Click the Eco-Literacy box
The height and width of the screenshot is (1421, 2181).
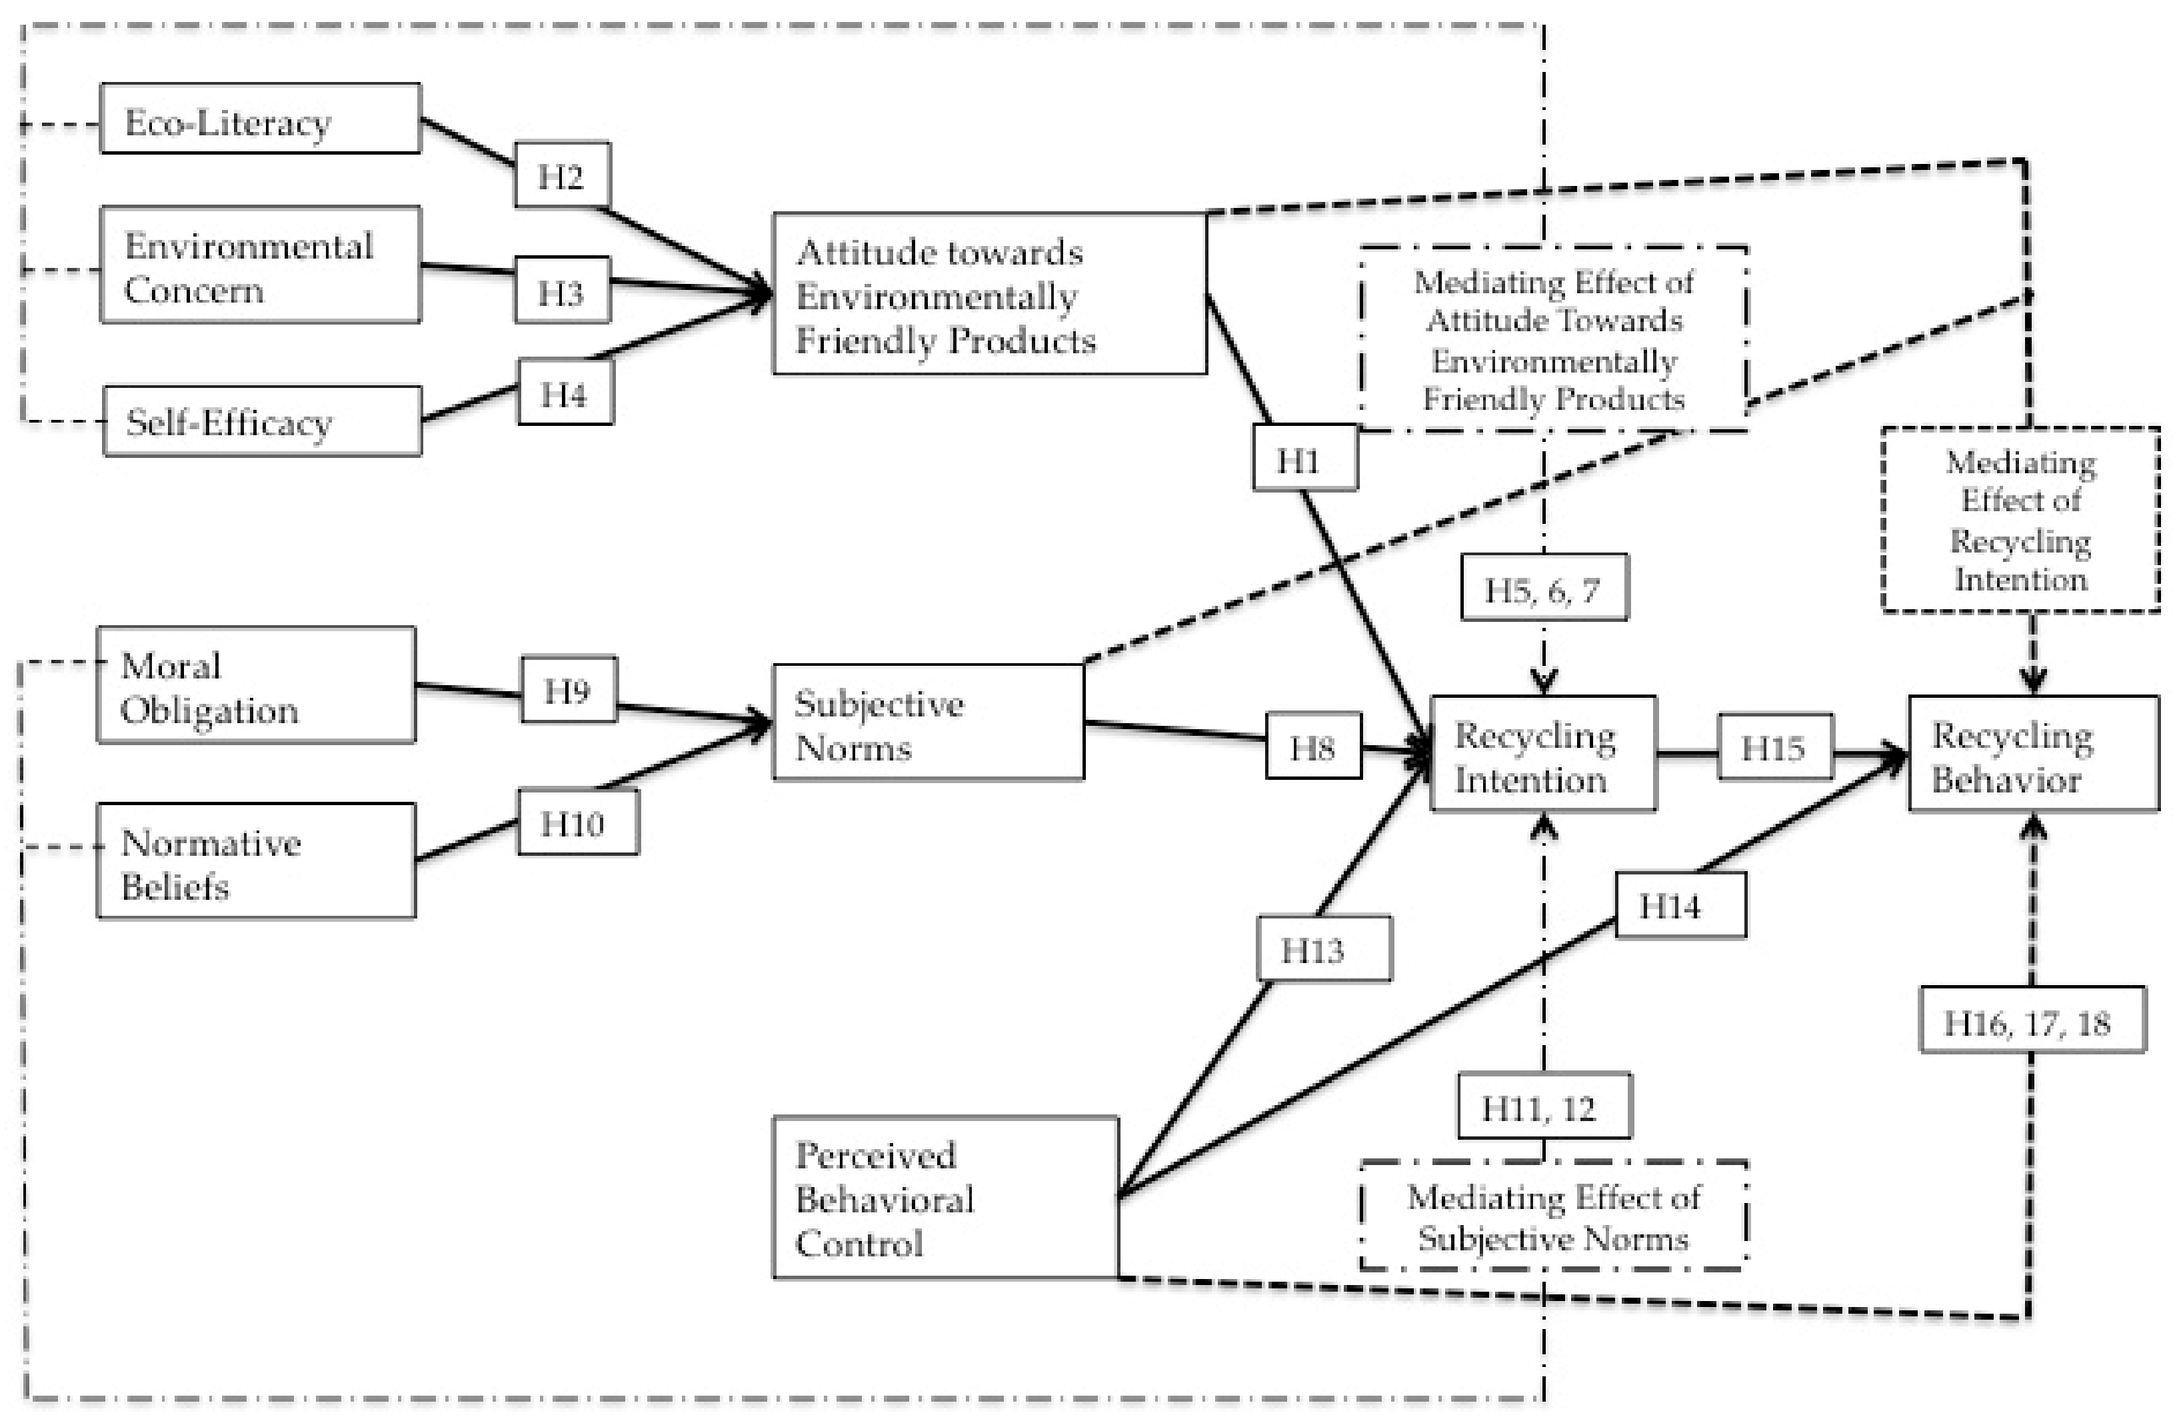tap(260, 118)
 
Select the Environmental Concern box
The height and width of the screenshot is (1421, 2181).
tap(260, 265)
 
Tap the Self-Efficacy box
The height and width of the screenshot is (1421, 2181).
tap(263, 421)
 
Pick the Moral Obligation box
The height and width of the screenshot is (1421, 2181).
tap(257, 685)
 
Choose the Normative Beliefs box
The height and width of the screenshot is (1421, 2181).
tap(257, 860)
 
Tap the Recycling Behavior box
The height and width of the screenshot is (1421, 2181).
tap(2034, 753)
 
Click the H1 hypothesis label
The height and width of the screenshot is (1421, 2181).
tap(1305, 457)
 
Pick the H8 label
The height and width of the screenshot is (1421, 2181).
tap(1313, 746)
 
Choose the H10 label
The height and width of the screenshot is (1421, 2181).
tap(578, 822)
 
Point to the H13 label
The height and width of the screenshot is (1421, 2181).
tap(1324, 949)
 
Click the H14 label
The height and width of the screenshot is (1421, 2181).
tap(1680, 905)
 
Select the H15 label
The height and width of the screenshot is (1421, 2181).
tap(1775, 746)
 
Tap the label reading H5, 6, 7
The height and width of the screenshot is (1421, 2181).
tap(1544, 587)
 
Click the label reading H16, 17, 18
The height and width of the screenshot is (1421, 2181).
tap(2032, 1020)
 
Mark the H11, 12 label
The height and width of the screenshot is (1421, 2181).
tap(1544, 1105)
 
